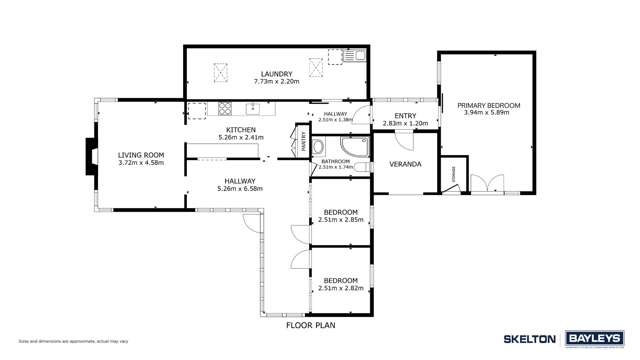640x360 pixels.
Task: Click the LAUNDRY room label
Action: coord(276,74)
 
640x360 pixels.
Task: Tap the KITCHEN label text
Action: coord(241,130)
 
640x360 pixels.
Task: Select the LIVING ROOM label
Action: coord(140,155)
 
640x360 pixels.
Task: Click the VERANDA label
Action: coord(404,164)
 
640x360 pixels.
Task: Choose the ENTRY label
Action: coord(404,116)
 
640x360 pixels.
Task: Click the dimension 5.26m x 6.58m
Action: coord(240,188)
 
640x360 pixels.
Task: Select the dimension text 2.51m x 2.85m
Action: coord(341,220)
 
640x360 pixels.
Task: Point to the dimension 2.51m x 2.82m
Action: coord(341,288)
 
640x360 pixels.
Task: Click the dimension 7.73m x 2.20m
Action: coord(276,82)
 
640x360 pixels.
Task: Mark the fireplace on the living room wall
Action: coord(90,156)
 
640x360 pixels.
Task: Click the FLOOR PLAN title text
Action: coord(310,325)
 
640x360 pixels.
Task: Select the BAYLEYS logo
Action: coord(597,339)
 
